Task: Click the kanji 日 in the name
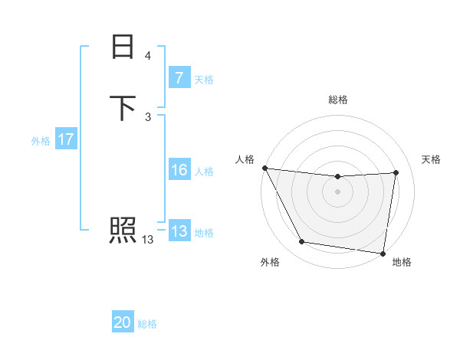click(123, 47)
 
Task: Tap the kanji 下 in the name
click(123, 107)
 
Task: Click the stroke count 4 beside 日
click(148, 56)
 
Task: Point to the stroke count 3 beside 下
click(148, 116)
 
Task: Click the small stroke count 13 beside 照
click(148, 240)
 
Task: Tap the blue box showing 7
click(179, 77)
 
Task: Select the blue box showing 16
click(179, 170)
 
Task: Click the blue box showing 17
click(66, 139)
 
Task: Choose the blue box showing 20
click(123, 322)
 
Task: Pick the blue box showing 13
click(179, 231)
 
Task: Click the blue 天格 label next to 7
click(204, 80)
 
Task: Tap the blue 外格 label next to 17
click(41, 141)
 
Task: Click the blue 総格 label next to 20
click(147, 324)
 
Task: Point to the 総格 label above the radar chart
click(338, 100)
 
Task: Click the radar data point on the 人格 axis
click(265, 168)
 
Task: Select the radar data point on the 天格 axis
click(396, 172)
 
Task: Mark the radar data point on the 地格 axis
click(383, 253)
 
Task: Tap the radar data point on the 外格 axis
click(302, 242)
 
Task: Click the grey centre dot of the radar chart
click(338, 191)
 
